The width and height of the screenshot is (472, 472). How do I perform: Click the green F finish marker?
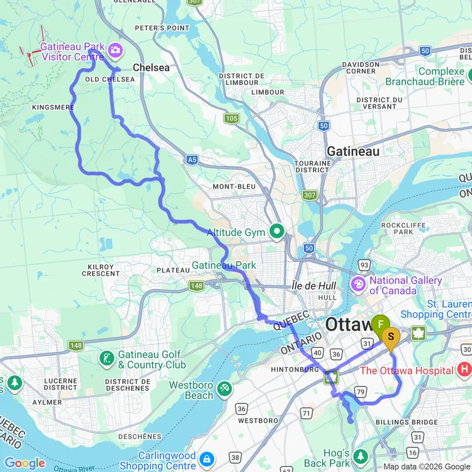coord(380,325)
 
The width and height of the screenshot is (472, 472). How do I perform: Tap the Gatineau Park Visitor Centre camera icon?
coord(115,49)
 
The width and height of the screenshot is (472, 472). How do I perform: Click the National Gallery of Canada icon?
coord(358,284)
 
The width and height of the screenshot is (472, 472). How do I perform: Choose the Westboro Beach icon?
coord(224,390)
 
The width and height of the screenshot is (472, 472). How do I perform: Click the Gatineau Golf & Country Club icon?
coord(106,359)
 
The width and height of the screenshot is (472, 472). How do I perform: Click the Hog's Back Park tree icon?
coord(361,455)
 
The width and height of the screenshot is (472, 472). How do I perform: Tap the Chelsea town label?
coord(151,67)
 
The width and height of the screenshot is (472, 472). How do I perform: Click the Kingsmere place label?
coord(53,108)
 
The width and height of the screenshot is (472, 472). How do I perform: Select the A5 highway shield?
coord(193,160)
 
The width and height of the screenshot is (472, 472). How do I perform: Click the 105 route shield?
coord(231,118)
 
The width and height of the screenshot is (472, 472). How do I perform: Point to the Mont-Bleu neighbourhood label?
coord(232,186)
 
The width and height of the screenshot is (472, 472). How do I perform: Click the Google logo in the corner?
coord(25,463)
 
